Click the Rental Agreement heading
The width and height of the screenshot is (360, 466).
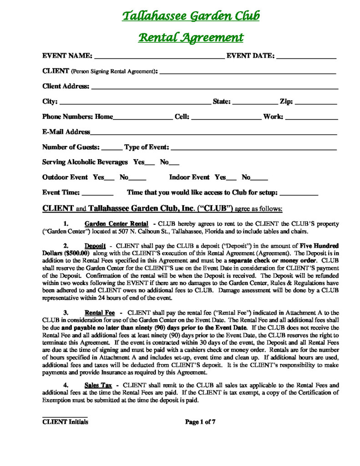[x=191, y=37]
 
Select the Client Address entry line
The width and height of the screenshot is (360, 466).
[x=214, y=88]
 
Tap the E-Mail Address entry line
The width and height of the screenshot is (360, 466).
[x=213, y=134]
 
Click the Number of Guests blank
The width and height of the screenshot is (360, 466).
[x=112, y=149]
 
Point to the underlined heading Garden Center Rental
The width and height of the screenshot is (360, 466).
[x=117, y=224]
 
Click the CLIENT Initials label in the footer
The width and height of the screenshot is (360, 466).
[x=65, y=422]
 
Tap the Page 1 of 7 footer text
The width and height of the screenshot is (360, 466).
[x=200, y=422]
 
